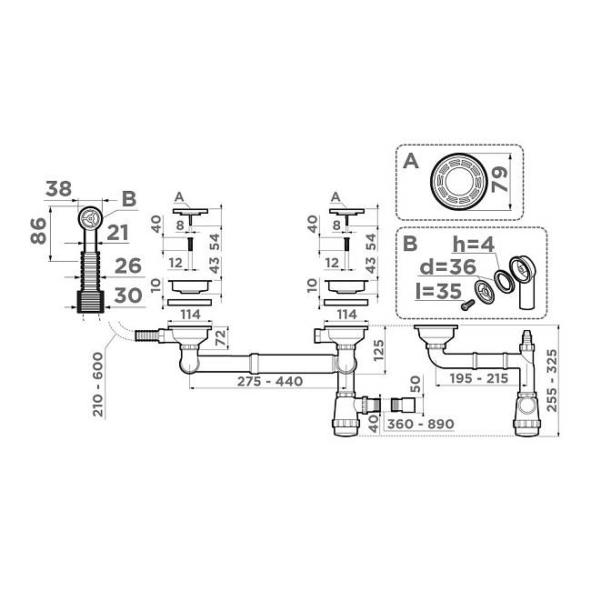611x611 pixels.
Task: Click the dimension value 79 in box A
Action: pos(499,180)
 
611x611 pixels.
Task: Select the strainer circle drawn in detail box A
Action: pos(459,182)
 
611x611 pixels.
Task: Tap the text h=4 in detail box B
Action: pos(474,245)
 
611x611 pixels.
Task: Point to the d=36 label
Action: pos(447,267)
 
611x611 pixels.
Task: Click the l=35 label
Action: pos(438,291)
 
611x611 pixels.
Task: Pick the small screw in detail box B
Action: pos(466,305)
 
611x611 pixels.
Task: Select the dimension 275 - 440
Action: pos(270,381)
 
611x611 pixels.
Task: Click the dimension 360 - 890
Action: pos(420,424)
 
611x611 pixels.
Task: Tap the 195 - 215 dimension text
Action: pos(478,378)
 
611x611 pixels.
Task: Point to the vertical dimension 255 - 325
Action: pos(552,380)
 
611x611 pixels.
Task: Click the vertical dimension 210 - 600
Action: pos(98,385)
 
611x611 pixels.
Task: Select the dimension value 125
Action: pos(378,351)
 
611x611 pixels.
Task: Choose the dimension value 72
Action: pos(221,337)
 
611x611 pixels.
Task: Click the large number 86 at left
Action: pos(38,231)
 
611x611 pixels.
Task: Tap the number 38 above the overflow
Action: pos(58,189)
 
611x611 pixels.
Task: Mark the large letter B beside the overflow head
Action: pos(129,199)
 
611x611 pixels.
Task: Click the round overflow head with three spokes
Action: pos(90,218)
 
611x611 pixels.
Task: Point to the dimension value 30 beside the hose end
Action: pos(128,295)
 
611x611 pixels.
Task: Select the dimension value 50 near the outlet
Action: pos(416,385)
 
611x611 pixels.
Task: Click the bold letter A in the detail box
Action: pos(411,161)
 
